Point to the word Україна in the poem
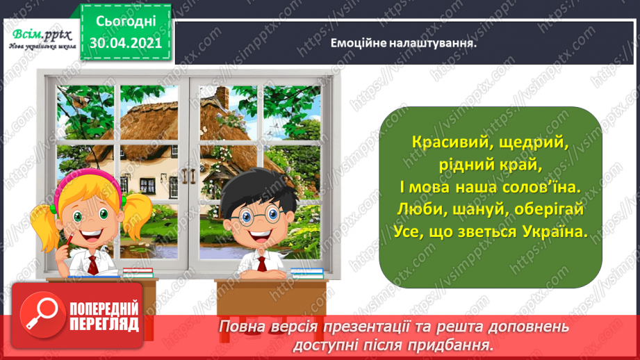[555, 234]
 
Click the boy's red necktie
[259, 262]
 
